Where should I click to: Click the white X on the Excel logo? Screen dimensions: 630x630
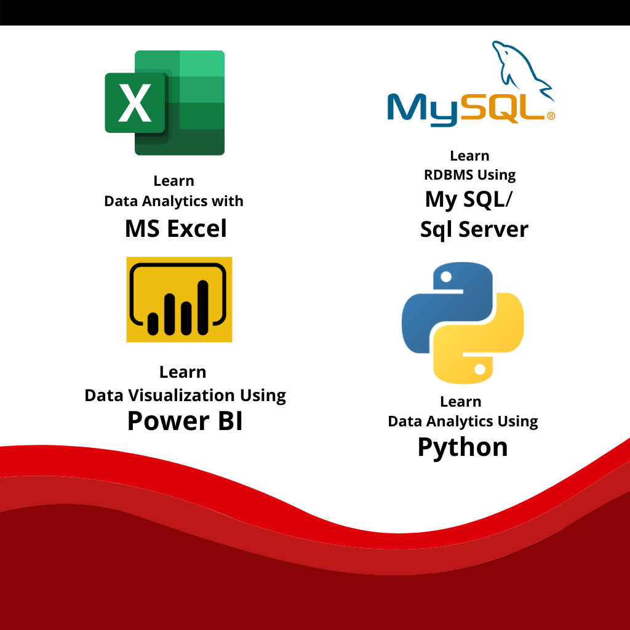point(135,103)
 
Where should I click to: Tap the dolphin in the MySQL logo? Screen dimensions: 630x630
point(523,70)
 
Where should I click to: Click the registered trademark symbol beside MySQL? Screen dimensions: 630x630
point(551,116)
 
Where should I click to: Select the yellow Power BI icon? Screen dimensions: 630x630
point(179,300)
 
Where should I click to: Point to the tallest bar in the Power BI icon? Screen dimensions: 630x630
point(203,308)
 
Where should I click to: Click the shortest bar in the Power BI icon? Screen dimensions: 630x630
point(153,324)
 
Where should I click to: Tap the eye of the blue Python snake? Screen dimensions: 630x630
point(446,276)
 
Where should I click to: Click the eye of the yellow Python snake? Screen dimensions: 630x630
point(479,369)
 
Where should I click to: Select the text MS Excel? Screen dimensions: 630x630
point(176,229)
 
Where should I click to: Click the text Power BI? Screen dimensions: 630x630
point(185,421)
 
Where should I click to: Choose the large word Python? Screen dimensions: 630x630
point(463,448)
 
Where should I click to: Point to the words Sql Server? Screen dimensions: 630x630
point(474,230)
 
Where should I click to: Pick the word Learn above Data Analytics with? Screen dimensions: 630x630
point(174,181)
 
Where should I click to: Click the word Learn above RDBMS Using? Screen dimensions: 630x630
point(469,156)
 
